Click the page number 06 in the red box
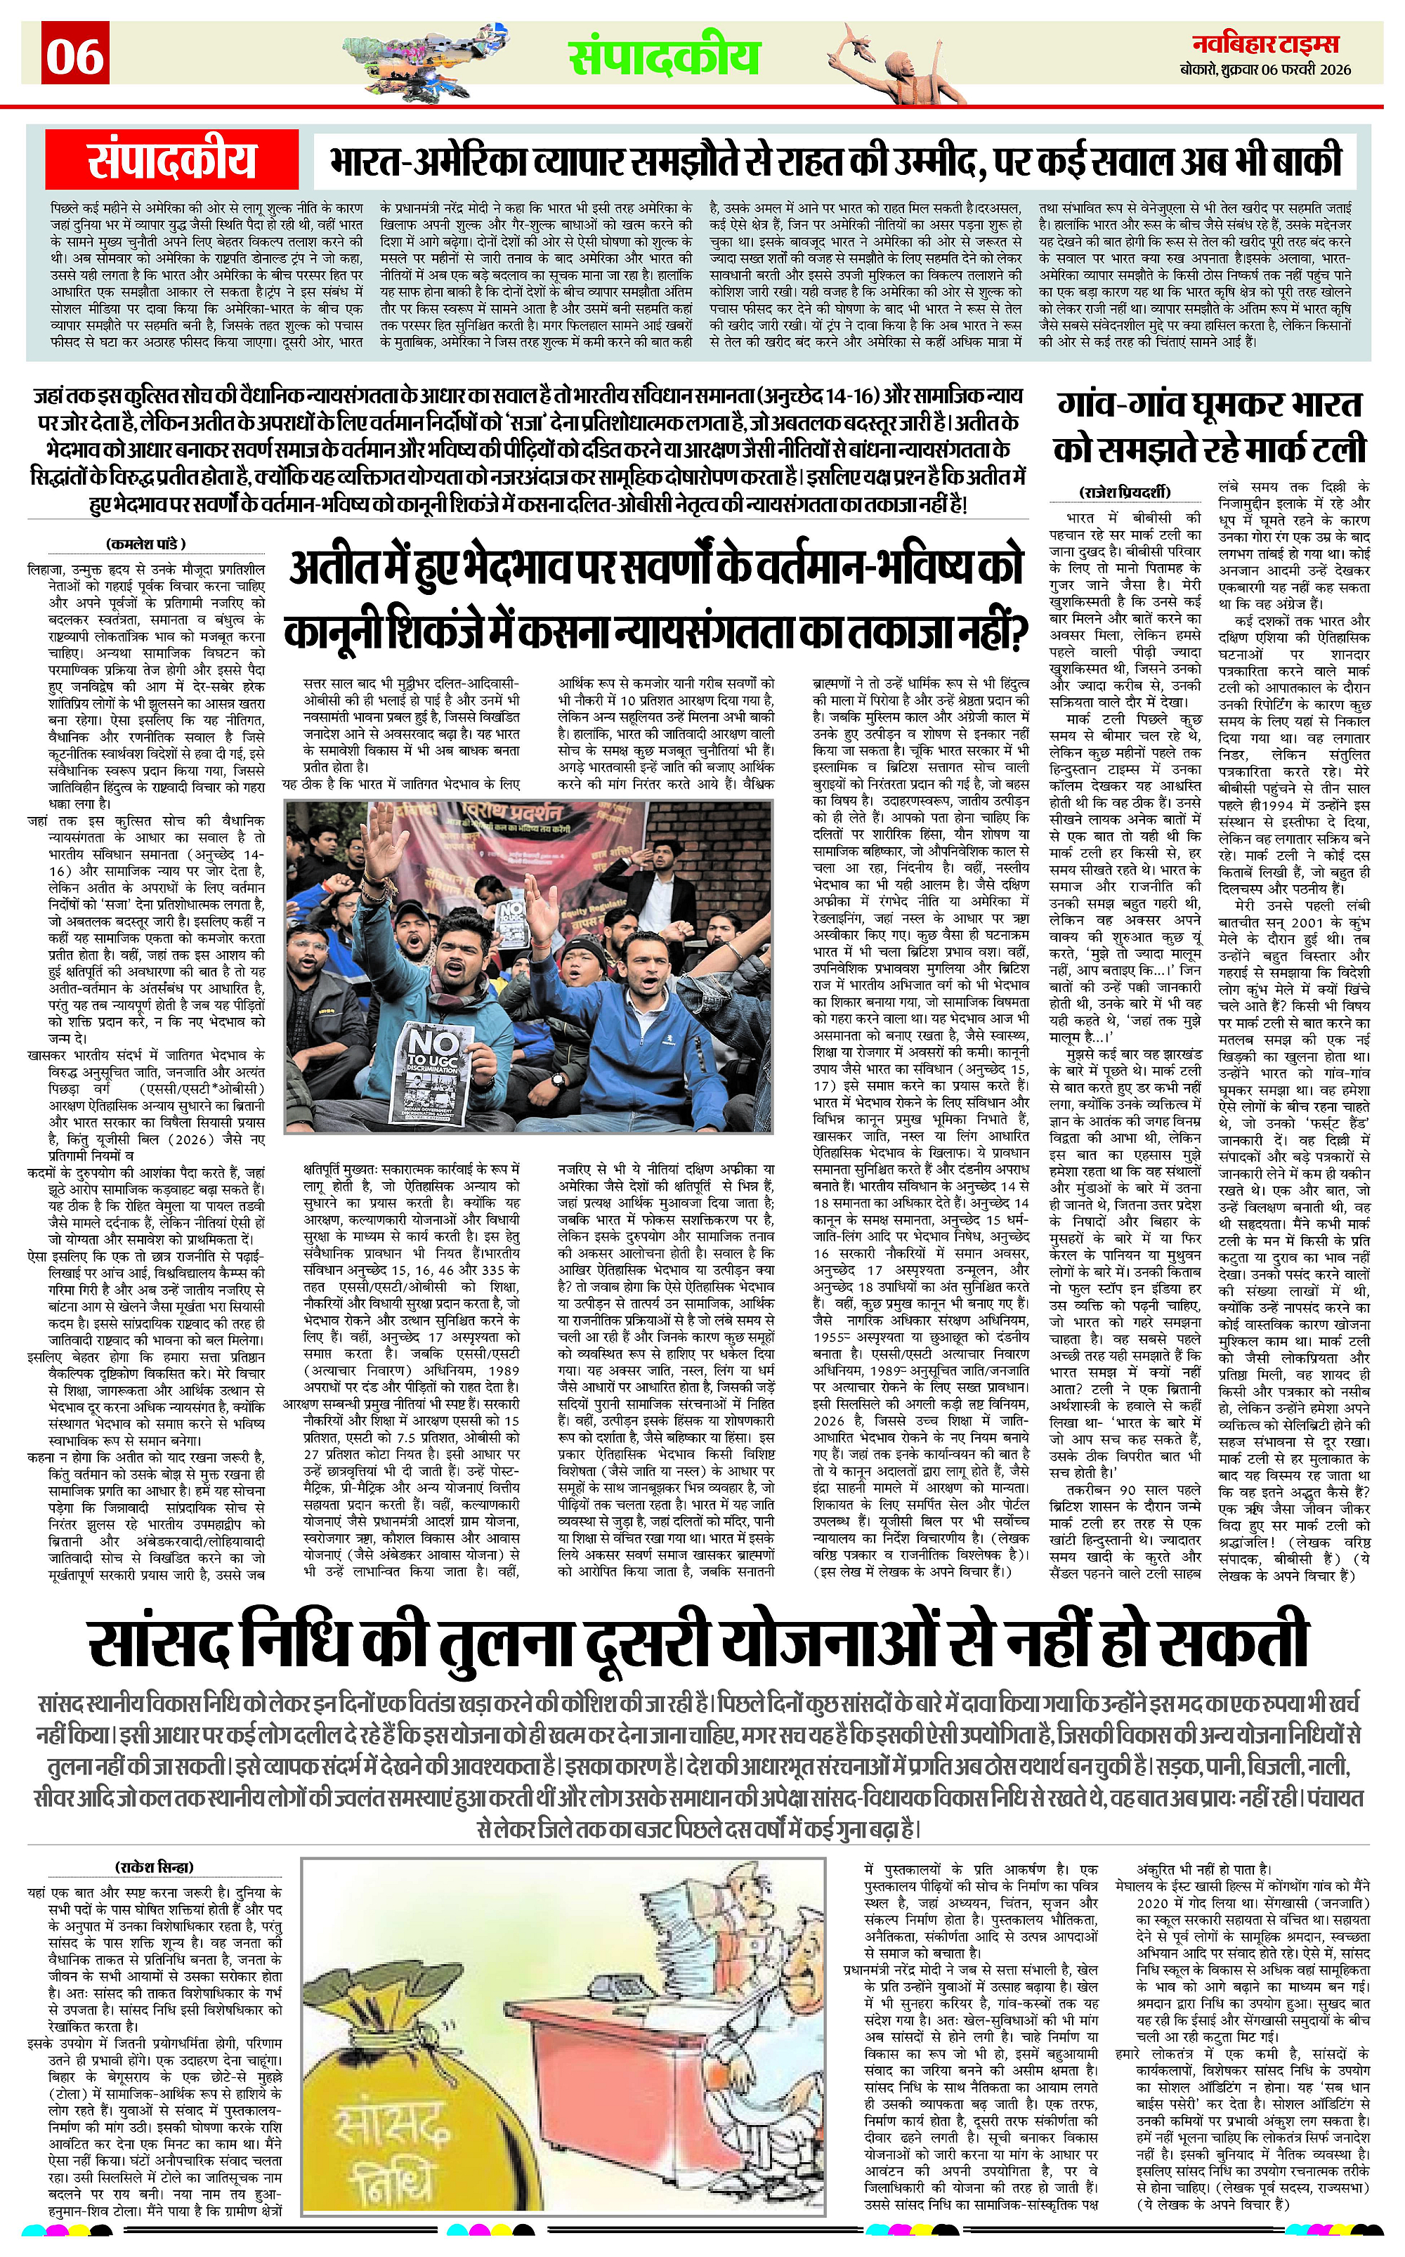(x=76, y=58)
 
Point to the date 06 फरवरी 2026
(x=1304, y=70)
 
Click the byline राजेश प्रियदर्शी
(x=1125, y=492)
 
